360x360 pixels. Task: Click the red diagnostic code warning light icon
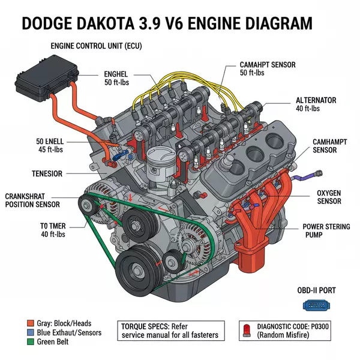tap(246, 329)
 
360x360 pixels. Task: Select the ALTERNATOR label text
tap(316, 100)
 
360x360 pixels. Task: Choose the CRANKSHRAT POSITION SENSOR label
tap(32, 200)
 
